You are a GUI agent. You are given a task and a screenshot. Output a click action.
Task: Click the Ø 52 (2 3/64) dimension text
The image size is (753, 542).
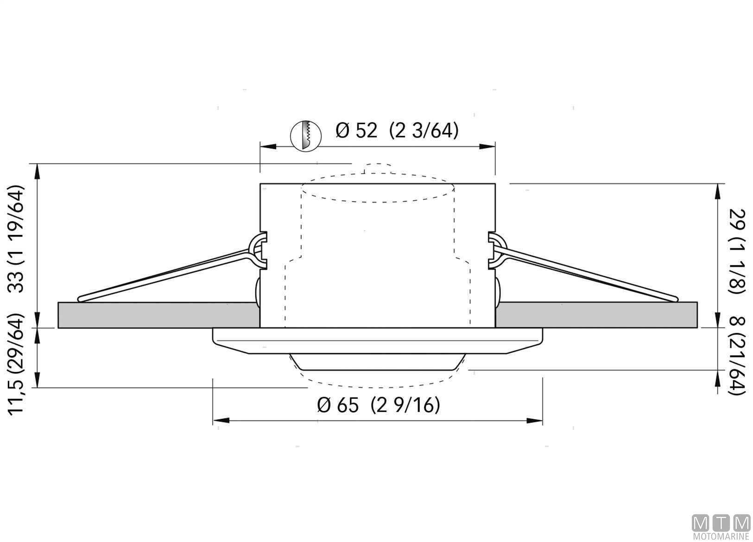pyautogui.click(x=397, y=130)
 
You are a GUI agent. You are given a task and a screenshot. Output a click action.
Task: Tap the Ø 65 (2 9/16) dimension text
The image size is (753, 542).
pyautogui.click(x=379, y=405)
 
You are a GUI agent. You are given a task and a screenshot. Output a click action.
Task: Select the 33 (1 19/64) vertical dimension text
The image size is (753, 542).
pyautogui.click(x=16, y=239)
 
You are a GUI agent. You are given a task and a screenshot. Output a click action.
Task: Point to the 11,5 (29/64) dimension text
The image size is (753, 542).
pyautogui.click(x=16, y=364)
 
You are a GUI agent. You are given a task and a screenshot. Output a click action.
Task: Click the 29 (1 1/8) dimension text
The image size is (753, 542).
pyautogui.click(x=737, y=252)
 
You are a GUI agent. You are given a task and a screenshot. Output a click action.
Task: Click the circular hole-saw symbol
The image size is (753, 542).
pyautogui.click(x=305, y=136)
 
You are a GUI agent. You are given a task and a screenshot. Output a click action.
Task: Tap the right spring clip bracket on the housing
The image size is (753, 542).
pyautogui.click(x=496, y=250)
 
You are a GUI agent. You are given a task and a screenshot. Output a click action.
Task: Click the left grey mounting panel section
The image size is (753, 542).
pyautogui.click(x=158, y=315)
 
